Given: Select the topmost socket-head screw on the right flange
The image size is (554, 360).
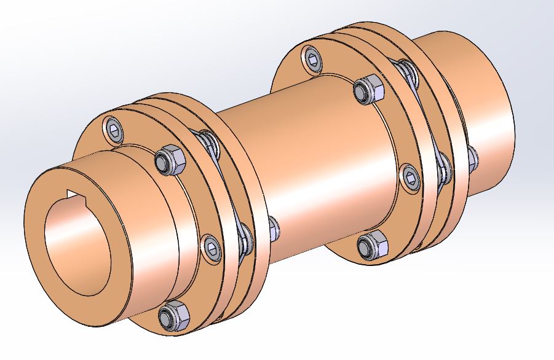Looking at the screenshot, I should [x=312, y=58].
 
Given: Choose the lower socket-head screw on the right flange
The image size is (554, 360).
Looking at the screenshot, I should [x=410, y=176].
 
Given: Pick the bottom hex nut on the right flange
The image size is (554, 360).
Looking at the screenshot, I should [x=371, y=246].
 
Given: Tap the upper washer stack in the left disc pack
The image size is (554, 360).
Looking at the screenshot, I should [x=210, y=144].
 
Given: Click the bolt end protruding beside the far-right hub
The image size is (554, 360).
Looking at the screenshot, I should [x=472, y=159].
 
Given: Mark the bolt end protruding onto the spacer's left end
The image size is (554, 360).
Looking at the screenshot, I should [x=272, y=228].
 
